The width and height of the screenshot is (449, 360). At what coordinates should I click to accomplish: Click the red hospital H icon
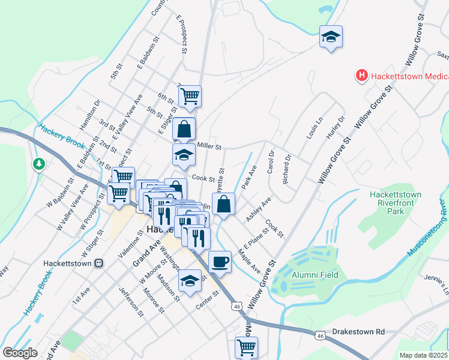click(x=362, y=76)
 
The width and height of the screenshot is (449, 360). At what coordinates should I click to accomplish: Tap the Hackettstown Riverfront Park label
click(x=395, y=203)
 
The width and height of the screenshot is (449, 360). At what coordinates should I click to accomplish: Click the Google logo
click(x=20, y=352)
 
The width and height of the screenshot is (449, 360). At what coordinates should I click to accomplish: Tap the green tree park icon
click(x=39, y=163)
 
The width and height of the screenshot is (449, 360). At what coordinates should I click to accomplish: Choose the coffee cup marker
click(x=220, y=262)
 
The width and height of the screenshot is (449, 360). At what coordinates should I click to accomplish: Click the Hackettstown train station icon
click(x=100, y=263)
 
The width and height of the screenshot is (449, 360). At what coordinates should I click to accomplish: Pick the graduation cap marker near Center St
click(x=190, y=280)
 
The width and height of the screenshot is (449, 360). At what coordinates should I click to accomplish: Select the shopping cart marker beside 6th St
click(x=190, y=95)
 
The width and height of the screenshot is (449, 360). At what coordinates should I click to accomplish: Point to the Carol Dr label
click(x=270, y=162)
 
